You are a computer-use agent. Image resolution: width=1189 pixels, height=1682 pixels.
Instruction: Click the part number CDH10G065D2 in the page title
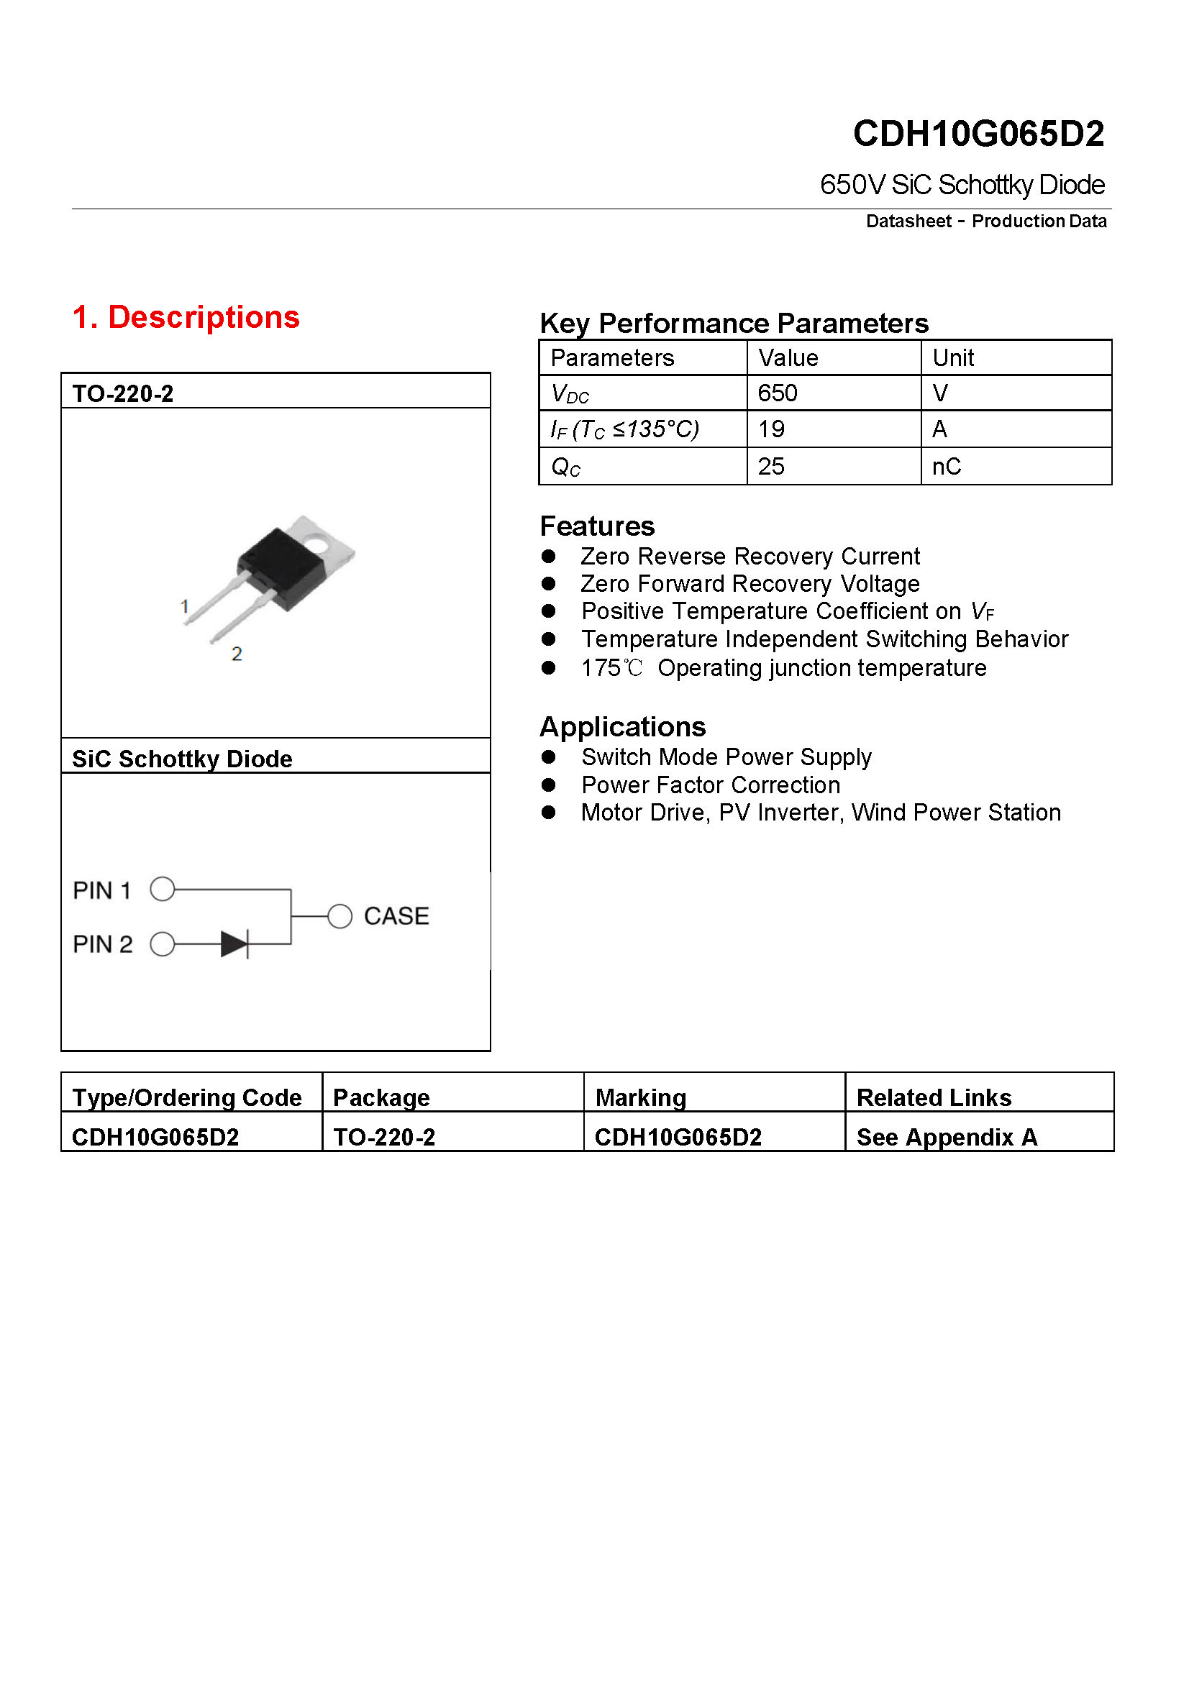click(x=978, y=133)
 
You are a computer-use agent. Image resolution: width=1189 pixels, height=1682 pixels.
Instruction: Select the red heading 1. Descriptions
click(x=186, y=317)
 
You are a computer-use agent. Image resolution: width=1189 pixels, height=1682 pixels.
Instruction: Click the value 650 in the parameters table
click(x=778, y=393)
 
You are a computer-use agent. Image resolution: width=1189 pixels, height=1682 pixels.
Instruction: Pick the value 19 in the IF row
click(x=770, y=429)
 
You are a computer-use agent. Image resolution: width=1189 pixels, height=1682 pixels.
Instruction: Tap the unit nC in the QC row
click(x=946, y=467)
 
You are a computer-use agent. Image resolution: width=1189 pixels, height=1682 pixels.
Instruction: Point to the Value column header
click(x=788, y=358)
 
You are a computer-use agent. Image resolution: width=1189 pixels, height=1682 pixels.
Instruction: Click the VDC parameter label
click(x=570, y=394)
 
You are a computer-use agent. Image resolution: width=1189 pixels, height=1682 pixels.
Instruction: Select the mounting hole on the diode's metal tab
click(x=319, y=544)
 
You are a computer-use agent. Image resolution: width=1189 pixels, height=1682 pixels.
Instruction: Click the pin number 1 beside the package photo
click(x=185, y=607)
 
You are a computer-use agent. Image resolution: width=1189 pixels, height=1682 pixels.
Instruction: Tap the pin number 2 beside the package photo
click(x=237, y=654)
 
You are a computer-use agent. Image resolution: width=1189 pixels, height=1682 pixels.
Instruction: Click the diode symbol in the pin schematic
click(x=235, y=944)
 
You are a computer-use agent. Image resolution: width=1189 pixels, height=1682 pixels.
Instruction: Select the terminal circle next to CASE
click(x=340, y=915)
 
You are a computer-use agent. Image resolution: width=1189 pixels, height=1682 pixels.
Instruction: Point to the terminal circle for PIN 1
click(x=163, y=890)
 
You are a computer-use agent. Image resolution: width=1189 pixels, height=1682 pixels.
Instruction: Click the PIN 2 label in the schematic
click(x=103, y=944)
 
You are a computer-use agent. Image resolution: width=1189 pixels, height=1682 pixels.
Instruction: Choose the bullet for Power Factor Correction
click(x=548, y=785)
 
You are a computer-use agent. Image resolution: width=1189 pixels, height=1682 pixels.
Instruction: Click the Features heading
click(x=597, y=526)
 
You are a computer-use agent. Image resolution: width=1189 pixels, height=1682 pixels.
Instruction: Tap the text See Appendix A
click(x=947, y=1137)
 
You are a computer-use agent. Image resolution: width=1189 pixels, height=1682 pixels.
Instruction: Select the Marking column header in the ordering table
click(x=640, y=1097)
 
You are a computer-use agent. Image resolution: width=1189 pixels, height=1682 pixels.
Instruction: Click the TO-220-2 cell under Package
click(x=384, y=1137)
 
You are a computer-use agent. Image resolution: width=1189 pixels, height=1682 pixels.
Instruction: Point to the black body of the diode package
click(x=281, y=565)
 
